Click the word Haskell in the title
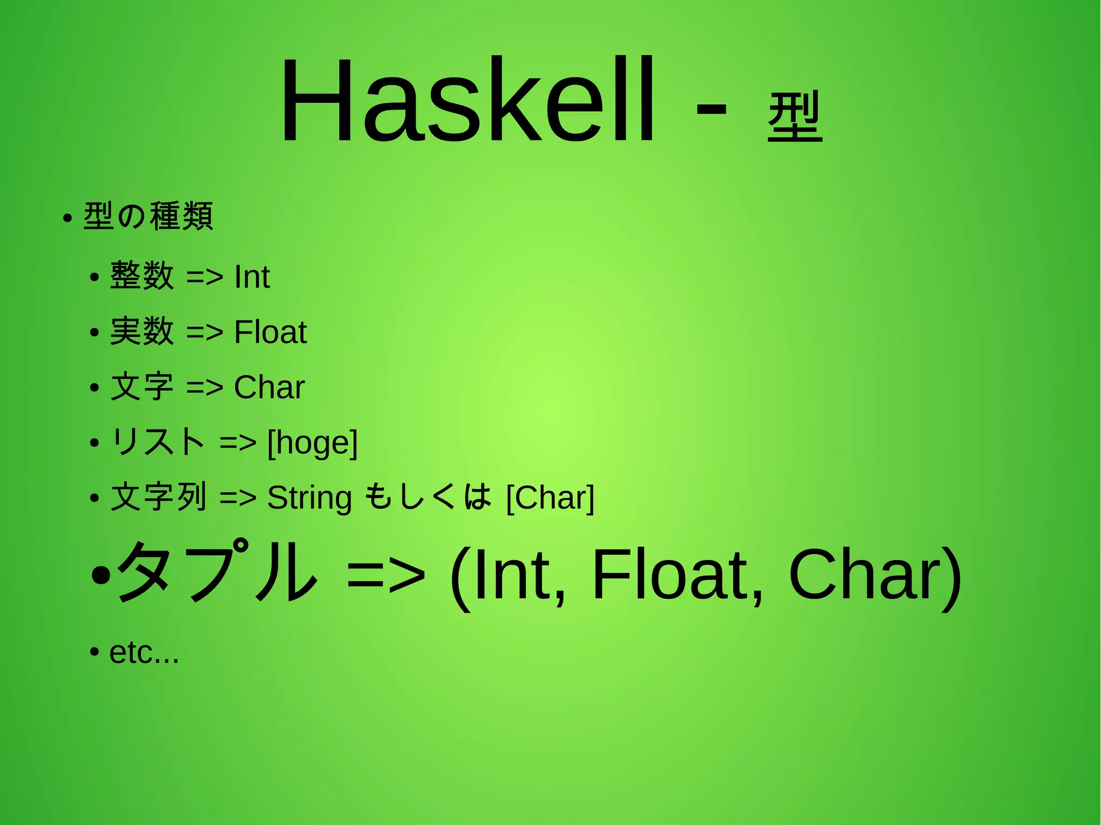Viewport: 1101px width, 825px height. [467, 101]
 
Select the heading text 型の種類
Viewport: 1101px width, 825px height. [148, 216]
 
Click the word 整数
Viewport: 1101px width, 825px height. [142, 276]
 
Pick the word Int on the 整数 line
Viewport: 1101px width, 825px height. [252, 277]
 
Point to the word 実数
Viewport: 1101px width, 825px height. [142, 331]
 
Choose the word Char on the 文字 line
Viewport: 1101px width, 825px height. [269, 387]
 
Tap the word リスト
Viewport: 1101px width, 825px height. [158, 442]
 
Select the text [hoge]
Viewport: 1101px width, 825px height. [312, 443]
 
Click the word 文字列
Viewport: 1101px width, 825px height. [159, 497]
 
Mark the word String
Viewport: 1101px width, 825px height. [309, 498]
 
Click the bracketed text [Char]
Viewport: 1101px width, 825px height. [550, 498]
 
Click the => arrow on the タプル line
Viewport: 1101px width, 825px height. [386, 575]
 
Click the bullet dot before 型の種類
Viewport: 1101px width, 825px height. [67, 219]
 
